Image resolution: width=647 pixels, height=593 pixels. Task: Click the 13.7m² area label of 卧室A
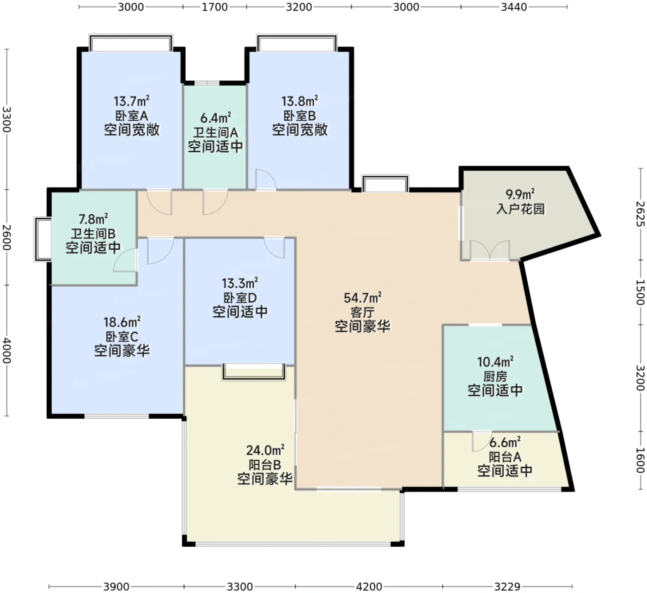tap(131, 101)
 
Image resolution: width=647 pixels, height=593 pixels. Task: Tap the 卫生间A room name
tap(215, 133)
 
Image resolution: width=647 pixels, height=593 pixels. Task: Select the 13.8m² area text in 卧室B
tap(299, 101)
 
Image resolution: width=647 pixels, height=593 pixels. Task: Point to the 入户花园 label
tap(520, 209)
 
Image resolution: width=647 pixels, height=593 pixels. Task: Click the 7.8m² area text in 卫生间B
tap(93, 219)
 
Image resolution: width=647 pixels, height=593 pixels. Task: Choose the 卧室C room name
tap(122, 337)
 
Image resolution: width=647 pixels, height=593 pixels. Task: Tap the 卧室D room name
tap(240, 297)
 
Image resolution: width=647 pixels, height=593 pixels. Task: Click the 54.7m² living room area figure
tap(362, 297)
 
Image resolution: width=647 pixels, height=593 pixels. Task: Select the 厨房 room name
tap(495, 377)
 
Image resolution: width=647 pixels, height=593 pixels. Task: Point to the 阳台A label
tap(505, 457)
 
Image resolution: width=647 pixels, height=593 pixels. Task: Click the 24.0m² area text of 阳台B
tap(265, 450)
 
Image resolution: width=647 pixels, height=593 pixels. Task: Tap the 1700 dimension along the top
tap(215, 7)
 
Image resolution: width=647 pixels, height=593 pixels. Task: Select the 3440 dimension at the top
tap(514, 7)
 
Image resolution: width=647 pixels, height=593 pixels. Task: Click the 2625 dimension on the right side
tap(640, 214)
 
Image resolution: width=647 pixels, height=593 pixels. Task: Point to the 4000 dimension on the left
tap(6, 351)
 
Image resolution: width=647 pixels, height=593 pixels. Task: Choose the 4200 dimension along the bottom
tap(369, 586)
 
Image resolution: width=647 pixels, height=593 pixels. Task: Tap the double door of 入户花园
tap(489, 250)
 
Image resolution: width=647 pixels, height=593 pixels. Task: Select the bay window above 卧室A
tap(131, 43)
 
